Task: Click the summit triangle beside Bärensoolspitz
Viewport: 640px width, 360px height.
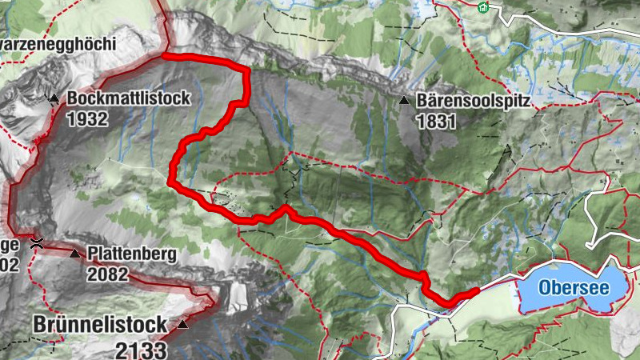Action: [x=404, y=102]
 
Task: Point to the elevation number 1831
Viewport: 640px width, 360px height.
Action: [x=436, y=122]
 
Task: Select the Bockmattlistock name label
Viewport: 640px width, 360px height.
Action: [x=129, y=98]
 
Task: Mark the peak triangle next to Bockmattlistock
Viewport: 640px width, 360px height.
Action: [x=54, y=98]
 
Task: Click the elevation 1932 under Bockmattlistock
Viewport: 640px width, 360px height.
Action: [x=87, y=118]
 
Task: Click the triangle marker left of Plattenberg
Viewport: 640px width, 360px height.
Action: [x=75, y=254]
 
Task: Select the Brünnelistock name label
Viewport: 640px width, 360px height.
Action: [x=100, y=325]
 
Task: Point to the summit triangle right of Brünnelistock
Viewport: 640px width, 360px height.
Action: [x=183, y=325]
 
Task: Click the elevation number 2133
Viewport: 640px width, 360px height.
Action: [x=141, y=349]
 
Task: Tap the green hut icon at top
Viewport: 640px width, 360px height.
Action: [x=483, y=8]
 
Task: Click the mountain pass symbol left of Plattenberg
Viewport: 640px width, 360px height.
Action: [x=36, y=242]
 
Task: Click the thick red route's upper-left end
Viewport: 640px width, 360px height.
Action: [x=163, y=56]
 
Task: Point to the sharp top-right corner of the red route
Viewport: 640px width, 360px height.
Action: [x=246, y=70]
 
